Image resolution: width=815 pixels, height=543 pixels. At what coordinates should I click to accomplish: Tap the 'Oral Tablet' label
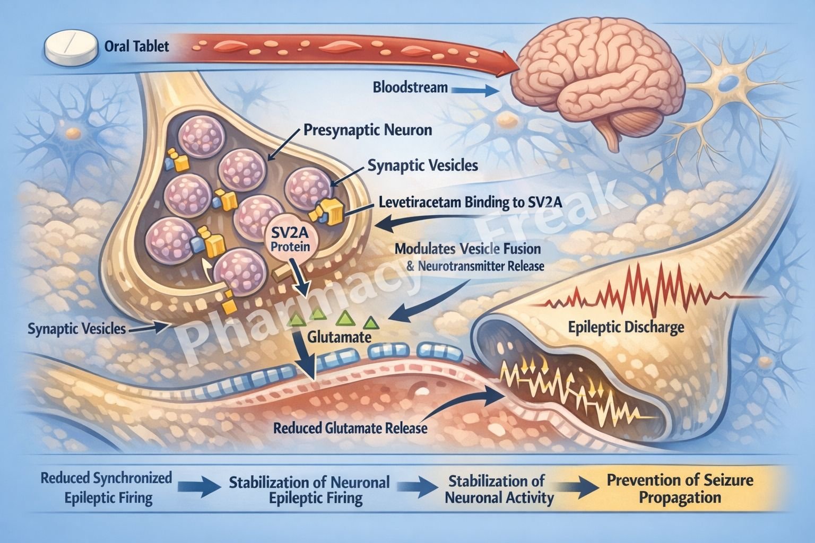(x=137, y=46)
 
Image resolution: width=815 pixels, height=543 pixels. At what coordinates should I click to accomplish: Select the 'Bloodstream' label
(x=410, y=86)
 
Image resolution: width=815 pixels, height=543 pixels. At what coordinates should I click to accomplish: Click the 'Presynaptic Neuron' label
(x=368, y=130)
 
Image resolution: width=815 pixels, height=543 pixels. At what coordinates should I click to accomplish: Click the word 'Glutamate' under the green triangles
(x=339, y=337)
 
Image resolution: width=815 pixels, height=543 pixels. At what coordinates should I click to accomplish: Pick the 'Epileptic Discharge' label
(x=626, y=327)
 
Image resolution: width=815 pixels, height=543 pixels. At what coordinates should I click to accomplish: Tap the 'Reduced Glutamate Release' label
(x=350, y=428)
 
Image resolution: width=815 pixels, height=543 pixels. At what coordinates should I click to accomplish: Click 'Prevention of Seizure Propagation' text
(x=680, y=489)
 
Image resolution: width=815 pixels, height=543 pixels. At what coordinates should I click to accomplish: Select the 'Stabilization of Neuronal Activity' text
(x=499, y=489)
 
